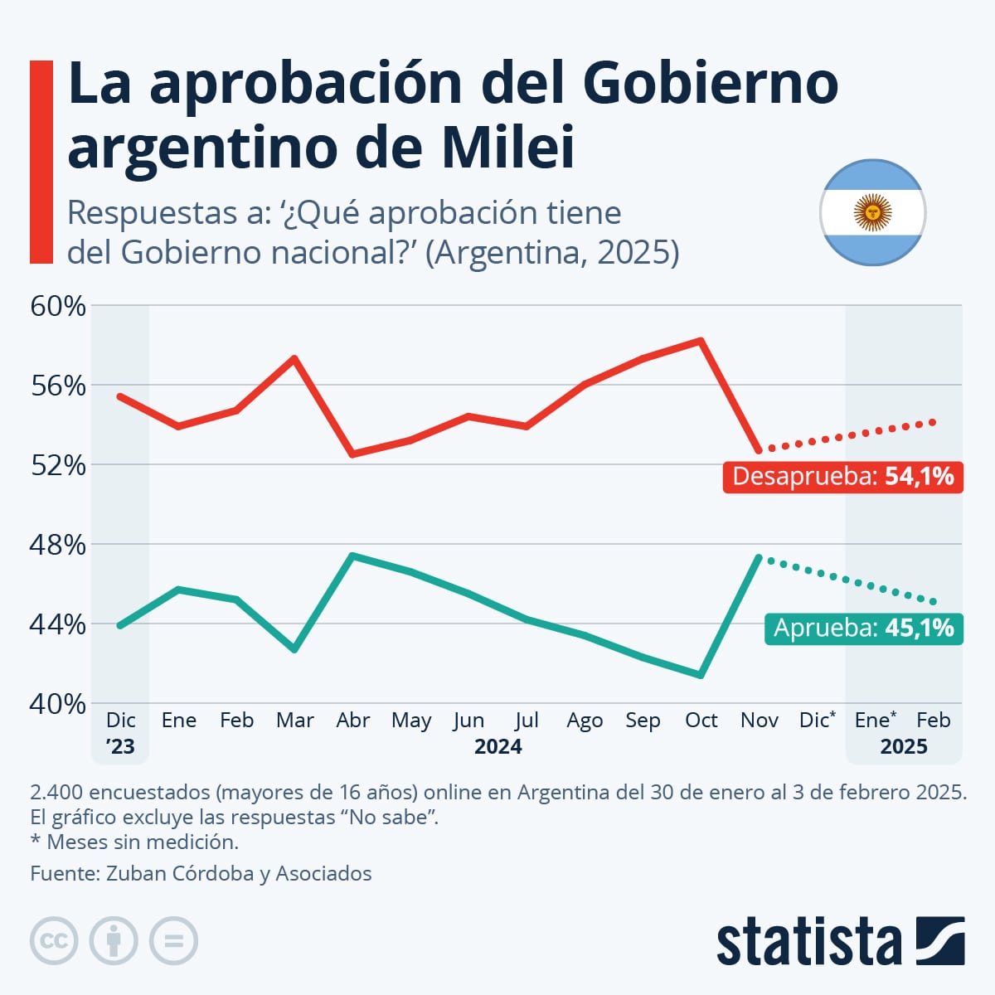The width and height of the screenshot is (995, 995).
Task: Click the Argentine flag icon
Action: coord(872,212)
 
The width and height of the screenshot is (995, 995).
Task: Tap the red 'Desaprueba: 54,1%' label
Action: coord(842,477)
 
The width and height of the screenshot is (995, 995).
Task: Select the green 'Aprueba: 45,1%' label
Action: coord(863,629)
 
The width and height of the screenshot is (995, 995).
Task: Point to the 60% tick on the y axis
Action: coord(58,306)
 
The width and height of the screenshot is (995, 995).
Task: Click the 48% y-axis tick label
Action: coord(58,545)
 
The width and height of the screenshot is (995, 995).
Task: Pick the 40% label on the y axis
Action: coord(58,704)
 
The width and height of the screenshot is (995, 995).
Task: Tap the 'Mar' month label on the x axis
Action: coord(294,720)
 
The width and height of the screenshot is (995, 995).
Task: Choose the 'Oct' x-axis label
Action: coord(701,720)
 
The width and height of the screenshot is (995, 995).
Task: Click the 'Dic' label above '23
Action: coord(121,720)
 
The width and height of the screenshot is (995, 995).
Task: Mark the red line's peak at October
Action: coord(701,340)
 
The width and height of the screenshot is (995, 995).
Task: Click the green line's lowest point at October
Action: coord(701,675)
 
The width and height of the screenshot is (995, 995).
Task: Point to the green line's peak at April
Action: coord(353,556)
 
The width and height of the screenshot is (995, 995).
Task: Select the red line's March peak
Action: coord(294,358)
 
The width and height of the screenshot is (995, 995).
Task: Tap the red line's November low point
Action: coord(759,450)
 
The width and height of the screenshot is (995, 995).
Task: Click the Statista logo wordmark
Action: coord(808,941)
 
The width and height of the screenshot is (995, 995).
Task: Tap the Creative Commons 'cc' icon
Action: coord(54,941)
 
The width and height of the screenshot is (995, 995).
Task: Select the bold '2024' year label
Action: coord(498,746)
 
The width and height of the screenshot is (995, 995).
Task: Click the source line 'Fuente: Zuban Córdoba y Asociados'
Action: coord(201,873)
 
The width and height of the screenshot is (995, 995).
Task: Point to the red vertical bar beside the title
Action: coord(41,162)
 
